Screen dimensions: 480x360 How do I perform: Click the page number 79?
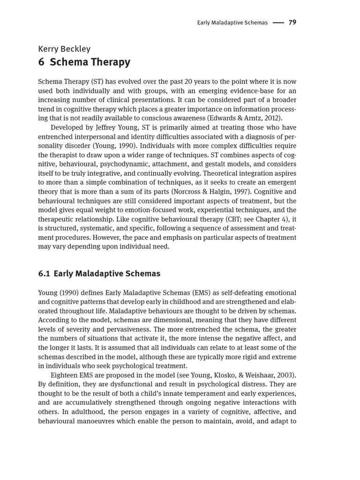click(x=292, y=22)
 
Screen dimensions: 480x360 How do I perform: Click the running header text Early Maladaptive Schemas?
click(x=232, y=23)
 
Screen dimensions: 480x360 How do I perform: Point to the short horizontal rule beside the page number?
click(x=278, y=23)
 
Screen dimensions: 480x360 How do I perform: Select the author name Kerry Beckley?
click(x=64, y=49)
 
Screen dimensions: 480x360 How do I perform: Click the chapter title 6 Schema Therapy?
click(x=84, y=62)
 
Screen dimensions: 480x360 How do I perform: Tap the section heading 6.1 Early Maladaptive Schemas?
click(x=99, y=274)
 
